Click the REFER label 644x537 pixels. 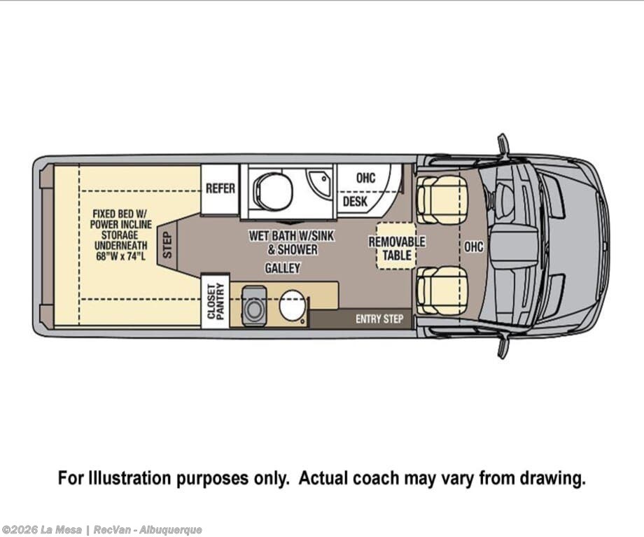[220, 188]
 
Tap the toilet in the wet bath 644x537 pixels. [271, 188]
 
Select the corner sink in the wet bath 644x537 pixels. [321, 180]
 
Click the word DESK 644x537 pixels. [355, 202]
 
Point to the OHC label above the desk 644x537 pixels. [365, 178]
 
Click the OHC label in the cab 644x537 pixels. [473, 246]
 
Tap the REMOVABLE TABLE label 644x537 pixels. [397, 249]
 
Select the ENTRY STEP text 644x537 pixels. [379, 319]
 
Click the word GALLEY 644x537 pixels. [282, 268]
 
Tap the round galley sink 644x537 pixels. [293, 306]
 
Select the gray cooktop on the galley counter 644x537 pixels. [253, 306]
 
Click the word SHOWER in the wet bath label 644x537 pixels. [297, 249]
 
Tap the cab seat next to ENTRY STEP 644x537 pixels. [442, 290]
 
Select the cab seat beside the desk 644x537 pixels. [442, 200]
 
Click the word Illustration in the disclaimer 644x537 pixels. [133, 479]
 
